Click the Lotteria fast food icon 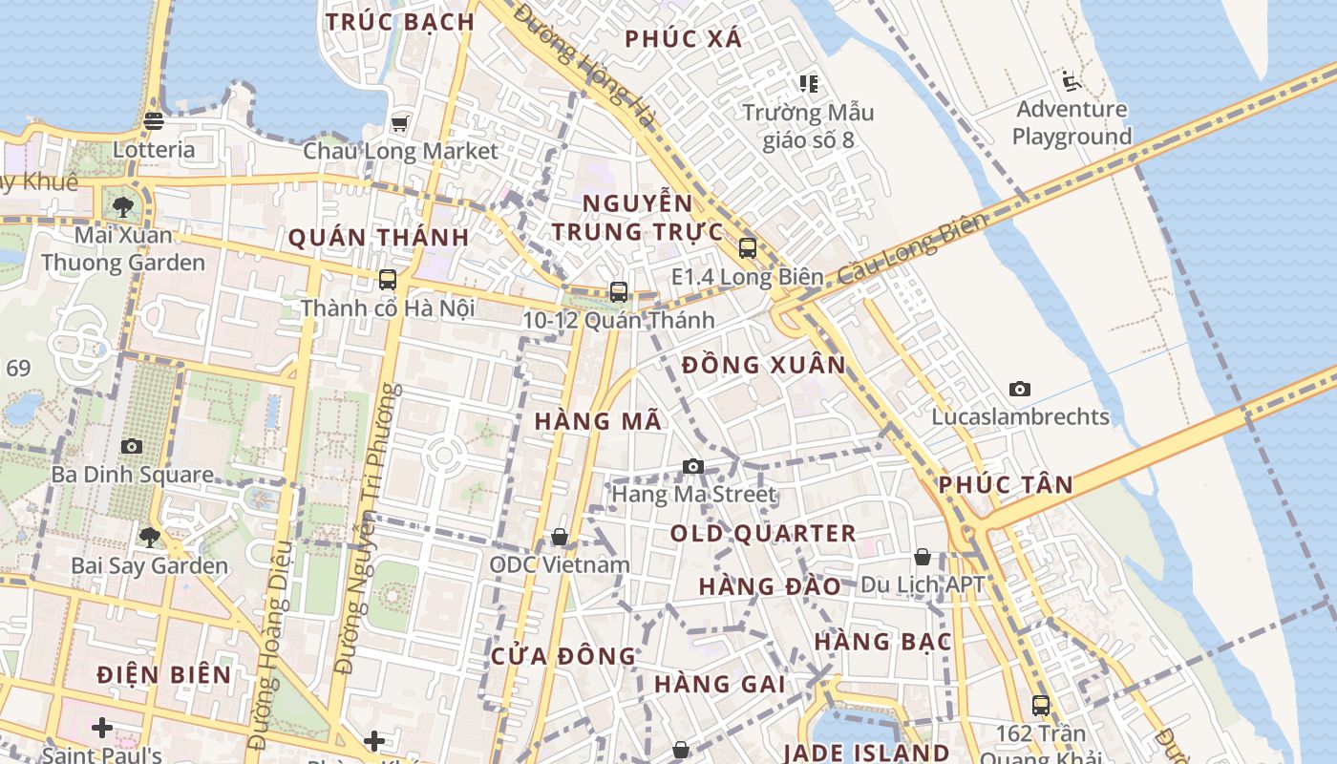[154, 121]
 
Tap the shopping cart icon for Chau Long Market [400, 123]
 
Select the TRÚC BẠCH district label [400, 22]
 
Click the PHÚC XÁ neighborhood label [683, 38]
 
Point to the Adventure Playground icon [1070, 80]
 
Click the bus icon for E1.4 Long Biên [747, 248]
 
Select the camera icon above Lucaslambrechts [1020, 389]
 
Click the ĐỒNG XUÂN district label [764, 365]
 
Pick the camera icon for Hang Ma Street [693, 466]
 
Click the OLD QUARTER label [763, 533]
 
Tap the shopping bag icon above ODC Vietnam [560, 537]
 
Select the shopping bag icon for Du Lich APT [923, 556]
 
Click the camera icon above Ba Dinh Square [132, 446]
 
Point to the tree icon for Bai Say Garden [149, 537]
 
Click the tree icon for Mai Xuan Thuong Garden [122, 206]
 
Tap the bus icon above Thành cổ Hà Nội [387, 280]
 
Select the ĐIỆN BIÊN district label [164, 674]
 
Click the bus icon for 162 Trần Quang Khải [1041, 706]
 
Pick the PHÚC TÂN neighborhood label [1006, 484]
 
